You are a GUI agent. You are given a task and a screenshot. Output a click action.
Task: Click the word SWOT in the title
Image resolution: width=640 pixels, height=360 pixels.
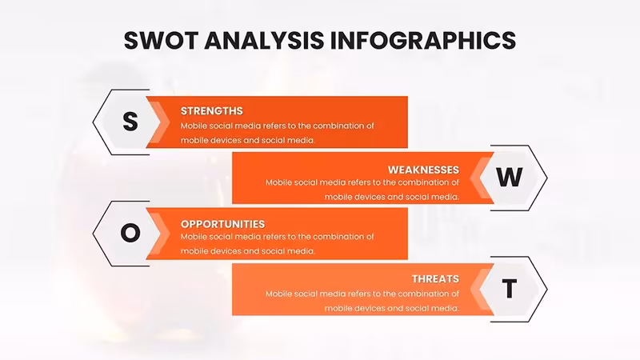[x=161, y=41]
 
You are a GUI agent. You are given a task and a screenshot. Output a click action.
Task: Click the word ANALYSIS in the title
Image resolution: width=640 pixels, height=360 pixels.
[x=264, y=41]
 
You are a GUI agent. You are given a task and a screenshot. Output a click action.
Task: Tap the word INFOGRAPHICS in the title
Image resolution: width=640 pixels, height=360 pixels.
[x=422, y=41]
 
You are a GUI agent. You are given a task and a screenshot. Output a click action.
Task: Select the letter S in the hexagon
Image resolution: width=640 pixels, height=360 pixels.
[x=130, y=122]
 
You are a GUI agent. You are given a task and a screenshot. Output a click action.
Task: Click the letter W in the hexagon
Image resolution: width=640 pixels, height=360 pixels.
[x=510, y=177]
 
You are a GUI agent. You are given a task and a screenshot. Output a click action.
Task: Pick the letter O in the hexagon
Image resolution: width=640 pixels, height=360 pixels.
[x=130, y=233]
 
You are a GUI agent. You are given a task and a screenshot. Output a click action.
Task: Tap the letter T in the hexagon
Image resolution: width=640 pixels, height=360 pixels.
[x=510, y=289]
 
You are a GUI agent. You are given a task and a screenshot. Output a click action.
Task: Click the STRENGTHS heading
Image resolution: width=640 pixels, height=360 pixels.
[x=211, y=111]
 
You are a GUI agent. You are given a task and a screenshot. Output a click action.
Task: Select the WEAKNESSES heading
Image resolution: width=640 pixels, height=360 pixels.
[x=423, y=170]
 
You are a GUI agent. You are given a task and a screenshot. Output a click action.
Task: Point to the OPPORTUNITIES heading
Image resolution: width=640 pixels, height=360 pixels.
[x=222, y=224]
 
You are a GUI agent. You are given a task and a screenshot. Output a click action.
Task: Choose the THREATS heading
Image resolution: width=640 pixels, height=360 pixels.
[x=435, y=278]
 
